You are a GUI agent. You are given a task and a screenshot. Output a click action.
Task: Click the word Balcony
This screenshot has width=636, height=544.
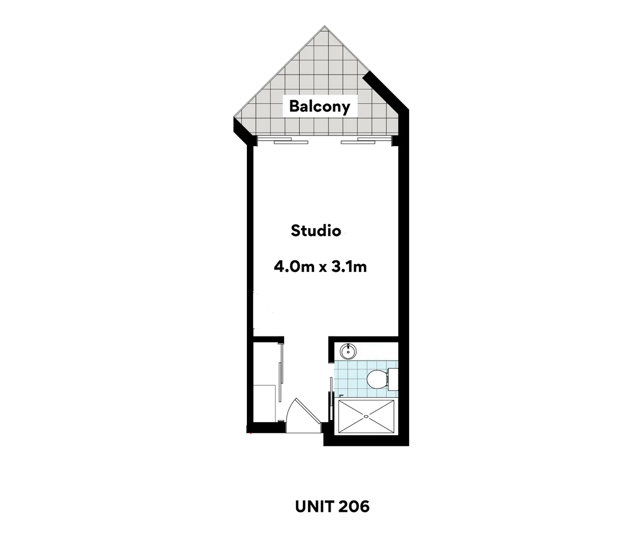[x=320, y=107]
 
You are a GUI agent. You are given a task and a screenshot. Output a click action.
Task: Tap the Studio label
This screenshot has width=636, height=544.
[x=316, y=231]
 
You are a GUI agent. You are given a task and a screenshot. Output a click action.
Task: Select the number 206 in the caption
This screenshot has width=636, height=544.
[x=354, y=506]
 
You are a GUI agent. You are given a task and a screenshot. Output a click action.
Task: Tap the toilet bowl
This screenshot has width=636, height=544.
[x=376, y=379]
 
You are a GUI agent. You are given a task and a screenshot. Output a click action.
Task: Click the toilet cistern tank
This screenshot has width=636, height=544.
[x=392, y=379]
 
